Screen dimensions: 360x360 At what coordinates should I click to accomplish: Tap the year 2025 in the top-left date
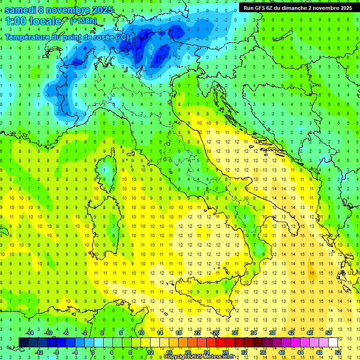point(99,10)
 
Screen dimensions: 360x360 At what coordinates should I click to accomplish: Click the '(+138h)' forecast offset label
point(83,21)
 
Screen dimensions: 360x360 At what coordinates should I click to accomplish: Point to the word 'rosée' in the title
point(103,37)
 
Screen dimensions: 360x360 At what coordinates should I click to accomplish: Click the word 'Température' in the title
point(27,37)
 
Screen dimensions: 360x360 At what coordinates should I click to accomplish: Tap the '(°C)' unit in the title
point(121,37)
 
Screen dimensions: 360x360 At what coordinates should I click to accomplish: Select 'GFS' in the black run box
point(266,8)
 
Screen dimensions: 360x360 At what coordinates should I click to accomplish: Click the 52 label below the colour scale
point(338,352)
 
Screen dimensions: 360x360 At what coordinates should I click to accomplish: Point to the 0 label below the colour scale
point(93,352)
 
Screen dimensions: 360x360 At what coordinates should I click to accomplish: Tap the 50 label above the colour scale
point(329,333)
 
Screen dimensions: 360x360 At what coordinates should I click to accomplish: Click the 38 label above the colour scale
point(272,333)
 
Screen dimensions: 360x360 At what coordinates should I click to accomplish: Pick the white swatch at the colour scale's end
point(333,342)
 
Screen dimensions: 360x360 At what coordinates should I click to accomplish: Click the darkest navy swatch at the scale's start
point(23,342)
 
